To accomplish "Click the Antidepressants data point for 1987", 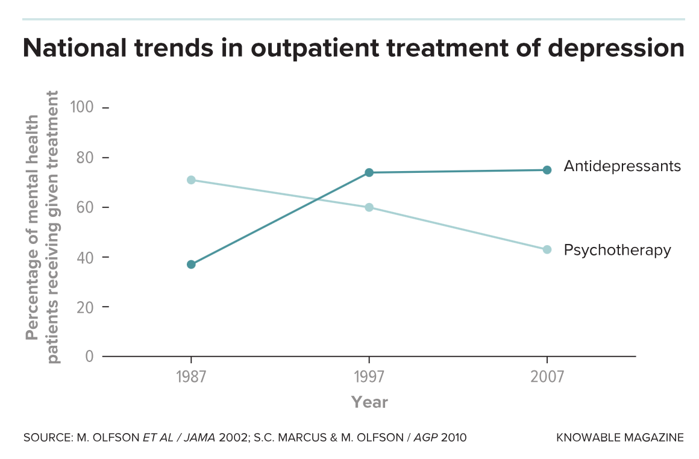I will point(191,264).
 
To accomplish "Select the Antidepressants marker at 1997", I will point(369,173).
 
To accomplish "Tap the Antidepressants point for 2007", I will point(547,170).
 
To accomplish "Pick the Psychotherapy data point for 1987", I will point(191,180).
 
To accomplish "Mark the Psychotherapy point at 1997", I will point(369,207).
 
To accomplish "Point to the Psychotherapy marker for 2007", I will point(547,249).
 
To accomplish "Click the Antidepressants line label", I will point(622,166).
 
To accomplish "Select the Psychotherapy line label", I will point(617,250).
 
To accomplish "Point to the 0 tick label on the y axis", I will point(90,356).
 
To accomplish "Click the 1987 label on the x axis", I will point(191,378).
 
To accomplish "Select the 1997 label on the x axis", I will point(369,378).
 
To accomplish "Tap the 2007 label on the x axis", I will point(547,378).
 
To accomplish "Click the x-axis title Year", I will point(369,402).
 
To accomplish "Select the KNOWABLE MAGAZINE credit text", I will point(620,437).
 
